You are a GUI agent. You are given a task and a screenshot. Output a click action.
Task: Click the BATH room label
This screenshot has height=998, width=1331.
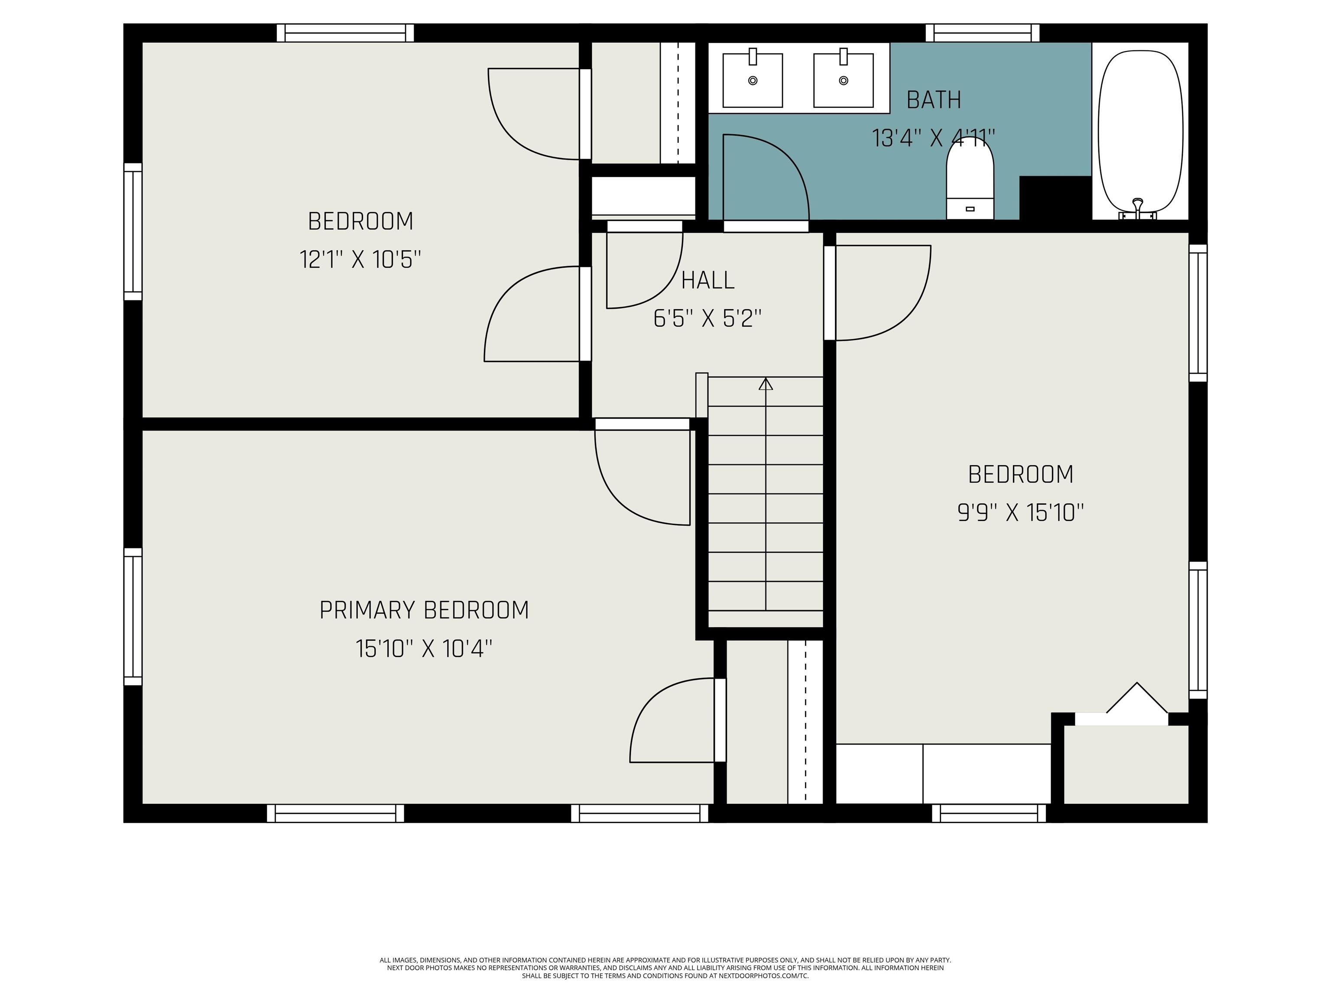tap(934, 100)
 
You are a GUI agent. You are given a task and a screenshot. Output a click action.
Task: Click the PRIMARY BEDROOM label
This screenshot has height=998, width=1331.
tap(424, 610)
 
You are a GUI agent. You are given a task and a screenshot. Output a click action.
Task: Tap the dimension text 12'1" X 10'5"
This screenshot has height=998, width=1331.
tap(360, 260)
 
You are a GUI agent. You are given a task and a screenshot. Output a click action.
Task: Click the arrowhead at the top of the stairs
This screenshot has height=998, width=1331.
tap(766, 383)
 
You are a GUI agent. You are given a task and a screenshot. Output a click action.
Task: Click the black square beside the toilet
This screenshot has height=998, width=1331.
tap(1055, 198)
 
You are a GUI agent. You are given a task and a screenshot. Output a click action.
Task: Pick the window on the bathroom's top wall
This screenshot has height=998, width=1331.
tap(983, 33)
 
